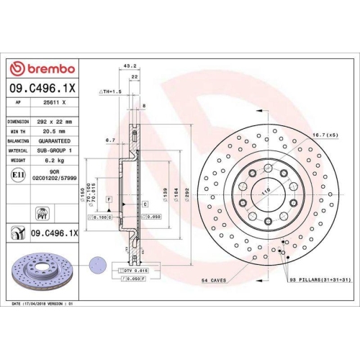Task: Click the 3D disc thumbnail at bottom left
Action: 40,271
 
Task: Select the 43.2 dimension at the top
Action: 130,66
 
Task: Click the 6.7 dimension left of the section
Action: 110,140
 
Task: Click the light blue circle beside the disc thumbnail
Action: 96,264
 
